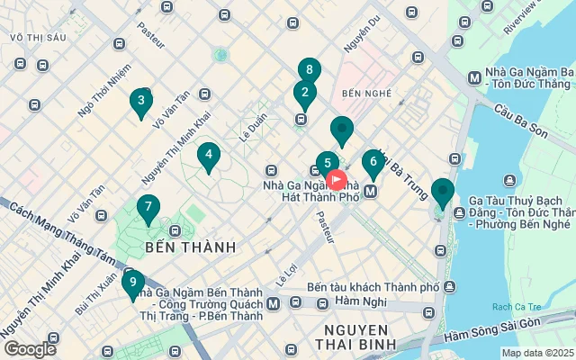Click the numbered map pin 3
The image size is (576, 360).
click(139, 101)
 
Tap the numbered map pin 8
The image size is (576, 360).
click(310, 70)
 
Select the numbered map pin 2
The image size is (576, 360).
click(304, 93)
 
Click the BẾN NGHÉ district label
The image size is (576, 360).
click(363, 93)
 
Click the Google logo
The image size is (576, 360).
click(30, 348)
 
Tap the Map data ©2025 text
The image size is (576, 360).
click(537, 353)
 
